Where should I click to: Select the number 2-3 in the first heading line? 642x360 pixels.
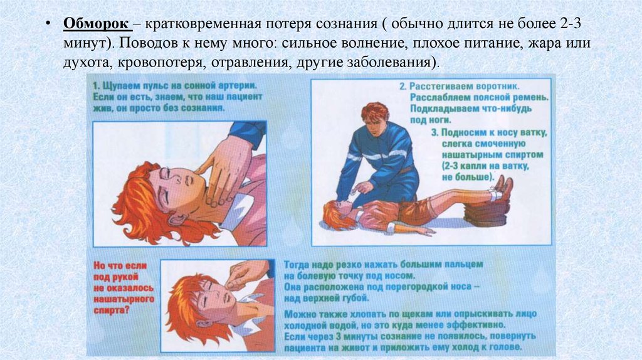(570, 23)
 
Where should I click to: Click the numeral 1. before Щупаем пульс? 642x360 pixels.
(96, 86)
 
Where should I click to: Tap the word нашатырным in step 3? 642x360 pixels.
(466, 155)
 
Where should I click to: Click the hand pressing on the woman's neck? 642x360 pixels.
(223, 168)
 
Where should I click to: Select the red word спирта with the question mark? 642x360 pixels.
(112, 310)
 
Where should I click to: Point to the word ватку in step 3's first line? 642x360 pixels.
(533, 133)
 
